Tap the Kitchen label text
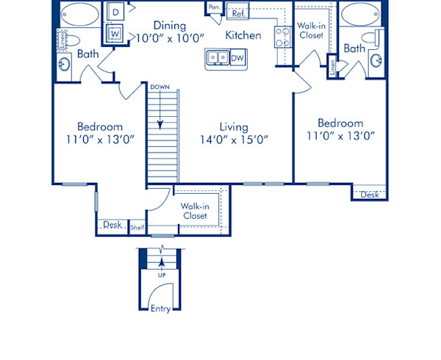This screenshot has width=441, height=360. pos(243,35)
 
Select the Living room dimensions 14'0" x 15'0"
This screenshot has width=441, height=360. pos(234,140)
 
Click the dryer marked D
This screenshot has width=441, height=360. pos(116,12)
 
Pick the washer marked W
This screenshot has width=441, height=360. pos(116,34)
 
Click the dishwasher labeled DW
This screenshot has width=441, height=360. pos(237,57)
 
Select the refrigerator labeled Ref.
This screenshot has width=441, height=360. pos(237,13)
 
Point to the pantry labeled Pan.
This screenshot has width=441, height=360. pos(214,8)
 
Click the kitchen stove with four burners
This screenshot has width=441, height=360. pos(282,36)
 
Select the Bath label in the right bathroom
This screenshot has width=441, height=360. pos(355,48)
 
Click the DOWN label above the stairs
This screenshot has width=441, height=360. pos(159,87)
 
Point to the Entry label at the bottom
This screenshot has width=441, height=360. pos(160,309)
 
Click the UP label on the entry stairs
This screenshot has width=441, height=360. pos(160,276)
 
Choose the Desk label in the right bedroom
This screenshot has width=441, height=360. pos(370,195)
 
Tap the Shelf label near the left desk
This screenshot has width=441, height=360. pos(137,228)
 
